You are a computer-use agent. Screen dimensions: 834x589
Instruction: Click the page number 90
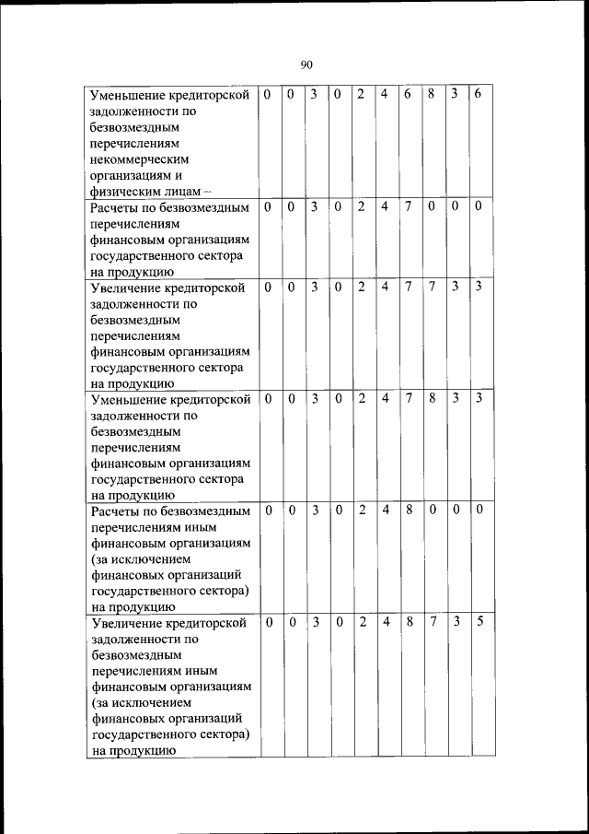click(306, 65)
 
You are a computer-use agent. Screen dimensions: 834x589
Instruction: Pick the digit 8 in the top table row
click(431, 94)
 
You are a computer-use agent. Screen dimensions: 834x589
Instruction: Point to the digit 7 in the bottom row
click(432, 622)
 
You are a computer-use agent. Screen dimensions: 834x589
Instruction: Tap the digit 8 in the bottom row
click(409, 622)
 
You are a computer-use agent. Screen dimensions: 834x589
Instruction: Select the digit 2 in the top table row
click(362, 94)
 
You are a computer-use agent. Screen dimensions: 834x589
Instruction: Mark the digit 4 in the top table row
click(385, 94)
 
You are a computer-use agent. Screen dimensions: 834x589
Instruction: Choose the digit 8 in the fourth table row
click(431, 399)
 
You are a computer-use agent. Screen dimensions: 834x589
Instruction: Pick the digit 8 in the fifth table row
click(409, 509)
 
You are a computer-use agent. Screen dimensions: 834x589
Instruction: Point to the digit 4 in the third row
click(385, 287)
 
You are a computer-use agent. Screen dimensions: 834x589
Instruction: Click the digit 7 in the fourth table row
click(408, 399)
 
